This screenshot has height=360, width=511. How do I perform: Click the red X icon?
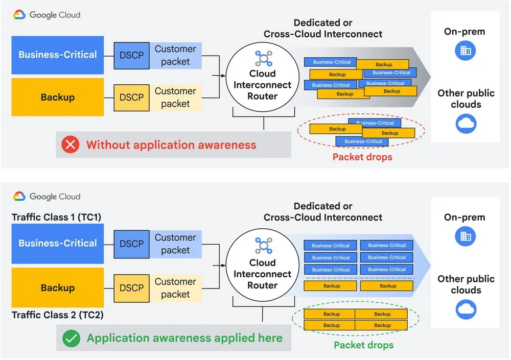(x=70, y=145)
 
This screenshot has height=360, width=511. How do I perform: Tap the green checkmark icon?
(x=71, y=338)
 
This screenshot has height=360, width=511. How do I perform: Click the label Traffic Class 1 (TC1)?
(x=56, y=217)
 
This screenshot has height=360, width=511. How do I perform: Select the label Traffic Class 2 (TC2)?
(x=57, y=315)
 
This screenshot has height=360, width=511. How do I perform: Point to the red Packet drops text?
(x=362, y=157)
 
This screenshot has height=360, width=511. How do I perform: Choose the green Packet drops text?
(x=364, y=345)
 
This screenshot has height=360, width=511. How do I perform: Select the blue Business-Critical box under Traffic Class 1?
(x=58, y=244)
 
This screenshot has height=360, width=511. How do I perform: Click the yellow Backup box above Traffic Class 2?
(x=58, y=287)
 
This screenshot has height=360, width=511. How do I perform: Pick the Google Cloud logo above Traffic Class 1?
(x=47, y=197)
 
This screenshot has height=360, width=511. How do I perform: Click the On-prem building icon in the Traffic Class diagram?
(x=465, y=236)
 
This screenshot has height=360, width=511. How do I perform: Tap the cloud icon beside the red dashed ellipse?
(x=466, y=124)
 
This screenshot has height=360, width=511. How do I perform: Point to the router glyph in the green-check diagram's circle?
(x=264, y=245)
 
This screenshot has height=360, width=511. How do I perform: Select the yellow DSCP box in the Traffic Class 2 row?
(x=132, y=288)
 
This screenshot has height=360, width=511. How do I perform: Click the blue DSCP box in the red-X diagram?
(x=132, y=55)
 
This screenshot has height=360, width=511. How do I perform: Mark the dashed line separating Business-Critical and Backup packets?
(x=360, y=278)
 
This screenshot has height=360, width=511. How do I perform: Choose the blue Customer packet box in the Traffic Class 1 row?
(x=175, y=244)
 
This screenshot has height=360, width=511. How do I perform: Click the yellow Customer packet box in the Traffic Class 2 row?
(x=175, y=288)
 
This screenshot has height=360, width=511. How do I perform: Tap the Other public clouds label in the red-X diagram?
(x=466, y=99)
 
